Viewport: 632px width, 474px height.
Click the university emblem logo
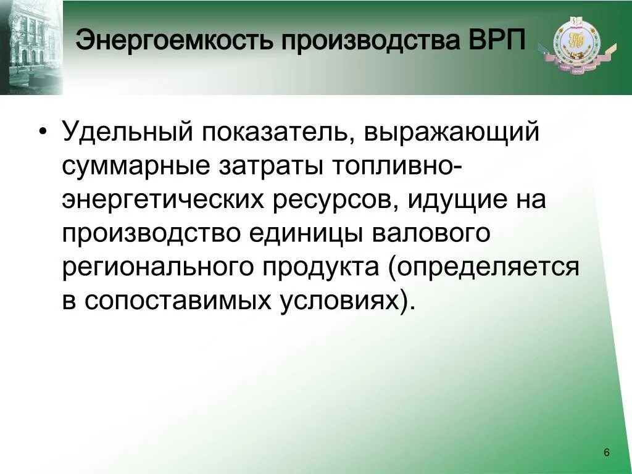[x=576, y=44]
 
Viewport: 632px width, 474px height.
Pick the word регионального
[x=159, y=269]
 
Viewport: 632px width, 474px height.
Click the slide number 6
[x=606, y=453]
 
